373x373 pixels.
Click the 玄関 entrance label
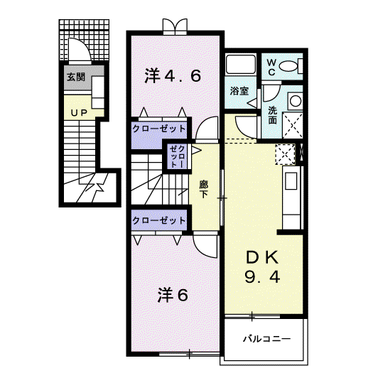(76, 77)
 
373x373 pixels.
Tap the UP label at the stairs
(79, 113)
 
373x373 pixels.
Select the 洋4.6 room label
(173, 76)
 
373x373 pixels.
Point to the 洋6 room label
(173, 295)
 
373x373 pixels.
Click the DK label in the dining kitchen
(263, 257)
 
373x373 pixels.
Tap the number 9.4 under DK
(262, 277)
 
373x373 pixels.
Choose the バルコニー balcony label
(266, 338)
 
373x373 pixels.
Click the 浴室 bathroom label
(239, 91)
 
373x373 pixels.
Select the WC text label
(271, 67)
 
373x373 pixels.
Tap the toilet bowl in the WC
(288, 66)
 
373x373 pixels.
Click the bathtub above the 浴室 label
(241, 64)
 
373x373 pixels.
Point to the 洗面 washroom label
(273, 115)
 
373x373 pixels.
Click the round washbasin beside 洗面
(296, 101)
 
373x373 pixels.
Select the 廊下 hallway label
(204, 190)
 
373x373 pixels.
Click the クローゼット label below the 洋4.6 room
(159, 129)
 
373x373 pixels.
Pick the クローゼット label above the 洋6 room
(159, 220)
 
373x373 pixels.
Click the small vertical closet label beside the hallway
(177, 157)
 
